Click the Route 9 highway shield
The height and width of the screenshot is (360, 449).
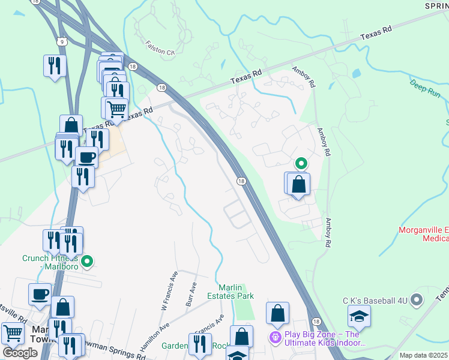62,40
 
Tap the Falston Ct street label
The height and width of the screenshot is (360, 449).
160,48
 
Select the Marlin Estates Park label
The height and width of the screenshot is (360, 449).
235,291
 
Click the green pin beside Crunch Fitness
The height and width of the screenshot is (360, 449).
88,261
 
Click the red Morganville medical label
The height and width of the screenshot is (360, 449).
424,234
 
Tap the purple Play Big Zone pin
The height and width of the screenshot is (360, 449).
276,338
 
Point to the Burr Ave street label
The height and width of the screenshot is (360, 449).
191,295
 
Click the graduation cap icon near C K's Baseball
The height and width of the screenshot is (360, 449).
360,316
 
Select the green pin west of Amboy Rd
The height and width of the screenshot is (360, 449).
301,163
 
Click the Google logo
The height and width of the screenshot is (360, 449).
20,353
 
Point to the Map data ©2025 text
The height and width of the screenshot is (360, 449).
423,355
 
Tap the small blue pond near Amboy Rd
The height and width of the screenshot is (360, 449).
357,74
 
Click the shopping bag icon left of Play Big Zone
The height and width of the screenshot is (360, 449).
277,313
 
